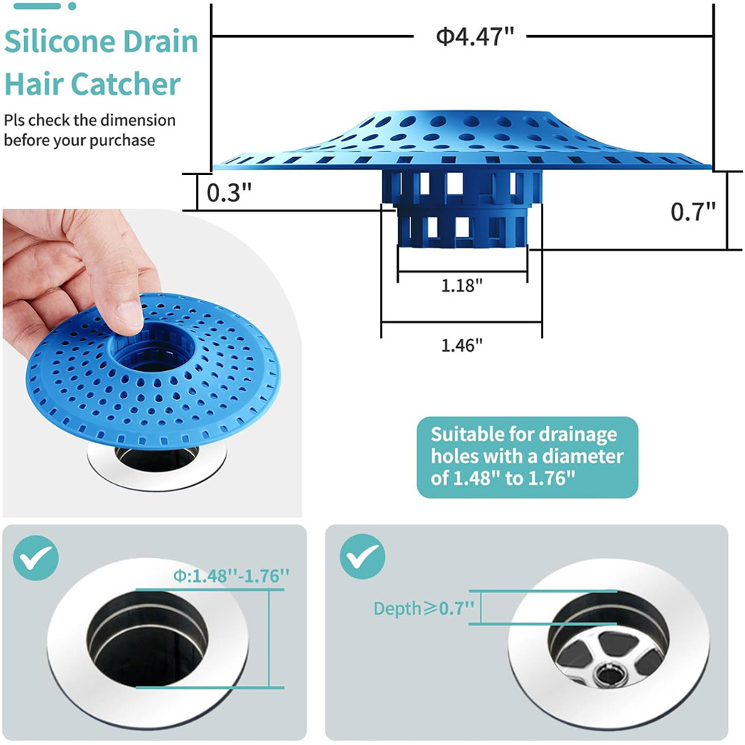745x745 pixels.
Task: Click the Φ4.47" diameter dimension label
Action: click(x=475, y=37)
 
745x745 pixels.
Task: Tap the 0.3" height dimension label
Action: click(x=229, y=192)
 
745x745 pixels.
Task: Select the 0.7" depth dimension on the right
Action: click(x=693, y=212)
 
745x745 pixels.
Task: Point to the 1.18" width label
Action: click(x=462, y=285)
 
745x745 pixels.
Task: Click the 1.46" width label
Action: click(x=462, y=346)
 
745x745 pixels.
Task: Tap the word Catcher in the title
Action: click(x=125, y=84)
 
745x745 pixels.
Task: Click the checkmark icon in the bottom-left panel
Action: click(x=36, y=558)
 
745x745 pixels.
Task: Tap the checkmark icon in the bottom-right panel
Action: click(x=363, y=557)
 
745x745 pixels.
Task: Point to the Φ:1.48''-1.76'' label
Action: click(x=231, y=576)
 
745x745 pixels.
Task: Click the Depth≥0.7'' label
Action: click(x=424, y=609)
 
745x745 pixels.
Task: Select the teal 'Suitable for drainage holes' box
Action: click(x=527, y=457)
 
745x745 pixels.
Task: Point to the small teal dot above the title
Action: click(x=72, y=6)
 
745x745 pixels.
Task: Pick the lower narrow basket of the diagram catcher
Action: click(x=462, y=228)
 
